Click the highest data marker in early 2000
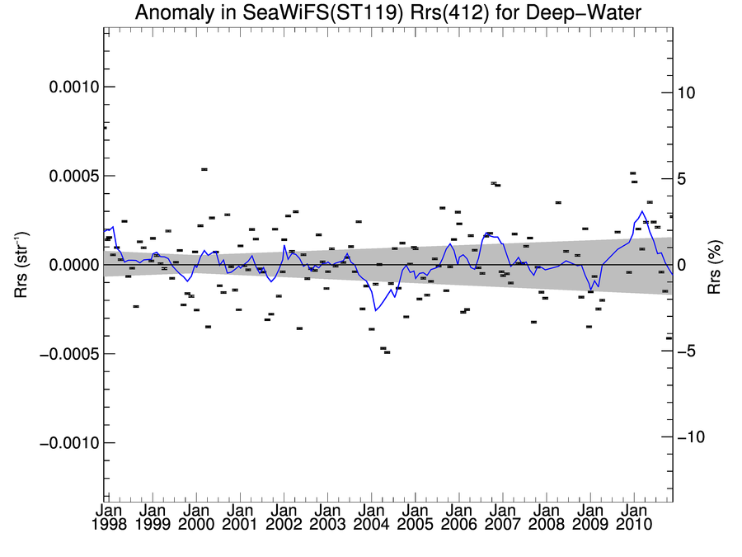[204, 169]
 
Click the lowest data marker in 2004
[387, 352]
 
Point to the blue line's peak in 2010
[642, 211]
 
